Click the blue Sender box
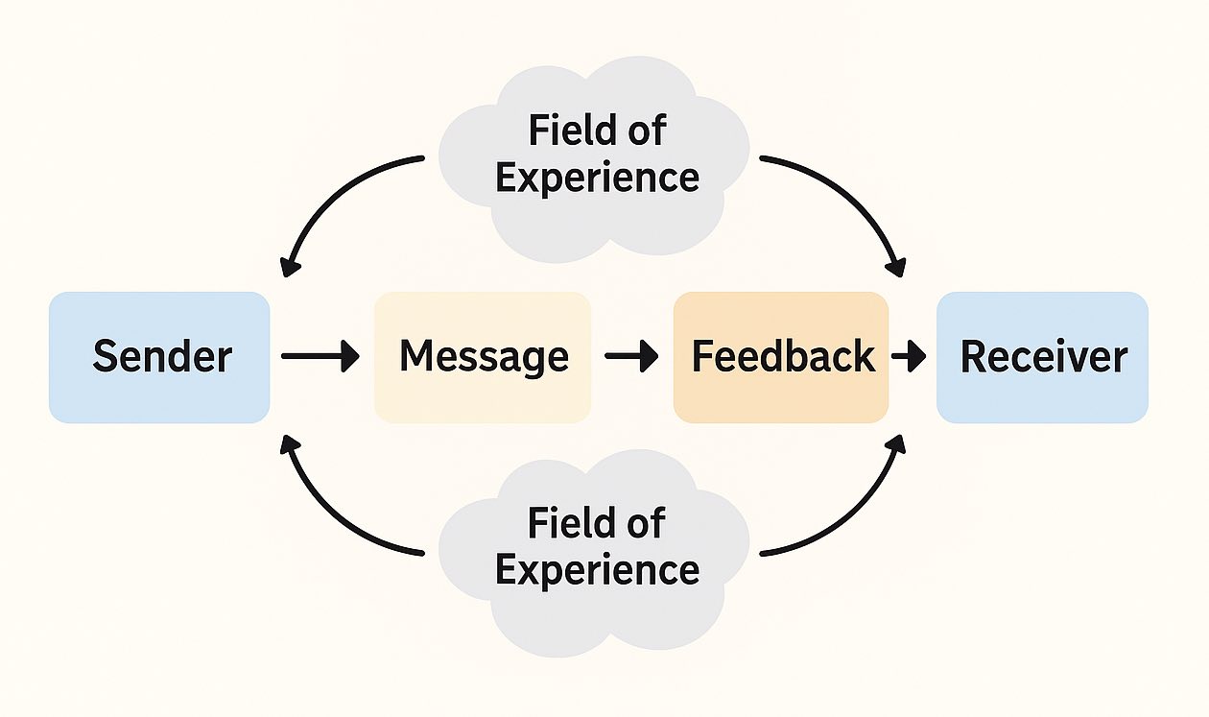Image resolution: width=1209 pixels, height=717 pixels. pos(159,357)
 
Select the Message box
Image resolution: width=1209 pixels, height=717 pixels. pos(483,357)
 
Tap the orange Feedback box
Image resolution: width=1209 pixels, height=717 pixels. pos(781,357)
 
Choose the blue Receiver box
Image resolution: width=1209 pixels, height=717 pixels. pos(1042,357)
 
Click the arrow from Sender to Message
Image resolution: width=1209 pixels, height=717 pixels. pos(320,357)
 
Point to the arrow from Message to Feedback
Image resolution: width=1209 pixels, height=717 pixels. pos(631,357)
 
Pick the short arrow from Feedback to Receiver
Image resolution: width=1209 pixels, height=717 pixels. pos(909,357)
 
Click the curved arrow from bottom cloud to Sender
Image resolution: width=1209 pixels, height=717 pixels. pos(331,514)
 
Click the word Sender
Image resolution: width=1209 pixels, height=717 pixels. pos(162,357)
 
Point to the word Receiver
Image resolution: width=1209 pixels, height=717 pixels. pos(1044,357)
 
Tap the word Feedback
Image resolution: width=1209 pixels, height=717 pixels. pos(783,357)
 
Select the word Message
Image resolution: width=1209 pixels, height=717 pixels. pos(484,357)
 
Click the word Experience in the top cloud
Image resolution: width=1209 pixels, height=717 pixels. pos(597,178)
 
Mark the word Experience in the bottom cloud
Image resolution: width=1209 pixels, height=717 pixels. pos(597,570)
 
